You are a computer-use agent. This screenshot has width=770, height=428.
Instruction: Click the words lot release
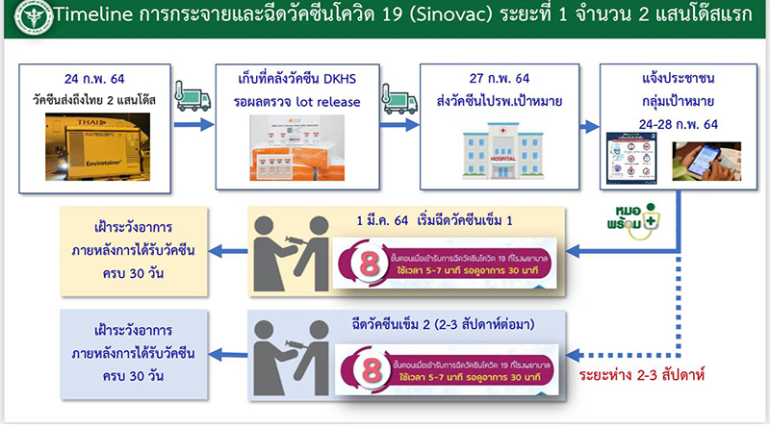335,99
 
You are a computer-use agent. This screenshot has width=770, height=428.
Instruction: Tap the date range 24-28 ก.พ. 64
677,118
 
